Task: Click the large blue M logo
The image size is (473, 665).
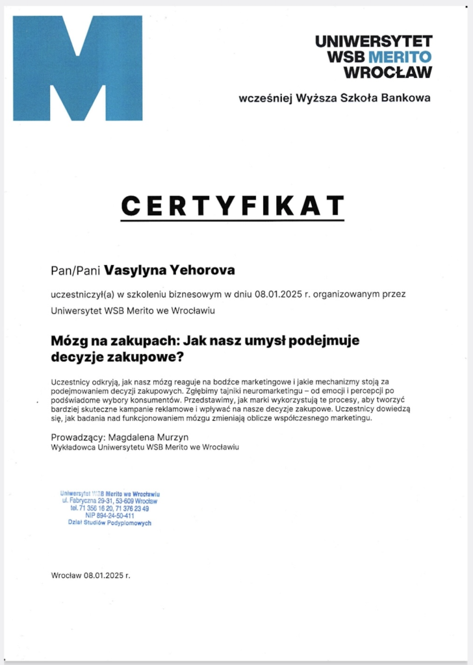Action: (x=77, y=68)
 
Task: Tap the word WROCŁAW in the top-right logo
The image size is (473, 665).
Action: (x=387, y=71)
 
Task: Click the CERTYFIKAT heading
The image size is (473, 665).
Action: (x=232, y=205)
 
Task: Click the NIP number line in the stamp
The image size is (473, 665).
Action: (x=110, y=515)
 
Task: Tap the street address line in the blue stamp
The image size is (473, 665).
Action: (x=110, y=501)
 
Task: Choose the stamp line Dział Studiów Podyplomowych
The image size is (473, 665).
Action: (x=110, y=522)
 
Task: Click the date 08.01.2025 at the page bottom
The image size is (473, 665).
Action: (x=104, y=575)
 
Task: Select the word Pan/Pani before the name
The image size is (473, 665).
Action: (x=75, y=269)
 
